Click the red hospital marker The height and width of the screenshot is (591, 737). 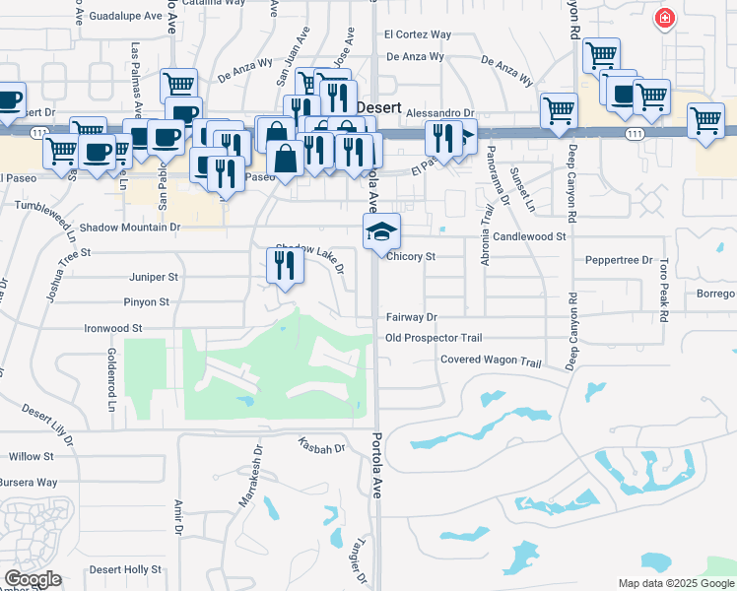tap(666, 19)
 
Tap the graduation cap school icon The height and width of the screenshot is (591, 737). tap(381, 231)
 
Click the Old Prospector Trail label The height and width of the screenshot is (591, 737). tap(433, 338)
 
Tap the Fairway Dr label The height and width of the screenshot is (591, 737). tap(411, 317)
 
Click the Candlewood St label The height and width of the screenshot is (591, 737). tap(530, 236)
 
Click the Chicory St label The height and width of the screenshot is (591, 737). tap(411, 256)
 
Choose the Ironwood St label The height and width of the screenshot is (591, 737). tap(113, 327)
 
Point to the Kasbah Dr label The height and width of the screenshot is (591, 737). tap(325, 448)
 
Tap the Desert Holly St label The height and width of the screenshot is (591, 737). tap(125, 569)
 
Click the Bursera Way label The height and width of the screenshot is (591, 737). tap(29, 482)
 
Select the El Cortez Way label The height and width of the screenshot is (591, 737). tap(418, 34)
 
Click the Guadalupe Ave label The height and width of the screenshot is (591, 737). tap(125, 17)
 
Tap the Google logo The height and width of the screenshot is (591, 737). tap(33, 579)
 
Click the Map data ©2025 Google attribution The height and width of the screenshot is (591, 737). tap(676, 583)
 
